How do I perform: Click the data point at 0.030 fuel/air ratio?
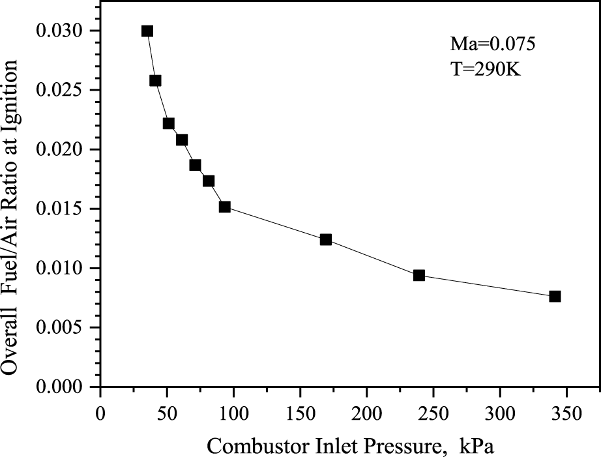pos(147,31)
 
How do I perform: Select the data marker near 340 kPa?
pos(555,296)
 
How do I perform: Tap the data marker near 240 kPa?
pos(419,275)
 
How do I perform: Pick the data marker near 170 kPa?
pos(326,239)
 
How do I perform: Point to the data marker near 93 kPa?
pos(225,207)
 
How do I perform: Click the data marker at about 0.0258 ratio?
pos(155,81)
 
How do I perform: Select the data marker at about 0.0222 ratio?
pos(169,124)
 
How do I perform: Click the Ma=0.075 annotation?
pos(493,44)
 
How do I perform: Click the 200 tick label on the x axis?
pos(366,413)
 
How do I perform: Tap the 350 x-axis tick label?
pos(566,413)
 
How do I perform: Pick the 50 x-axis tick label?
pos(166,413)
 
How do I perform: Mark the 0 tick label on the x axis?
pos(100,413)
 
